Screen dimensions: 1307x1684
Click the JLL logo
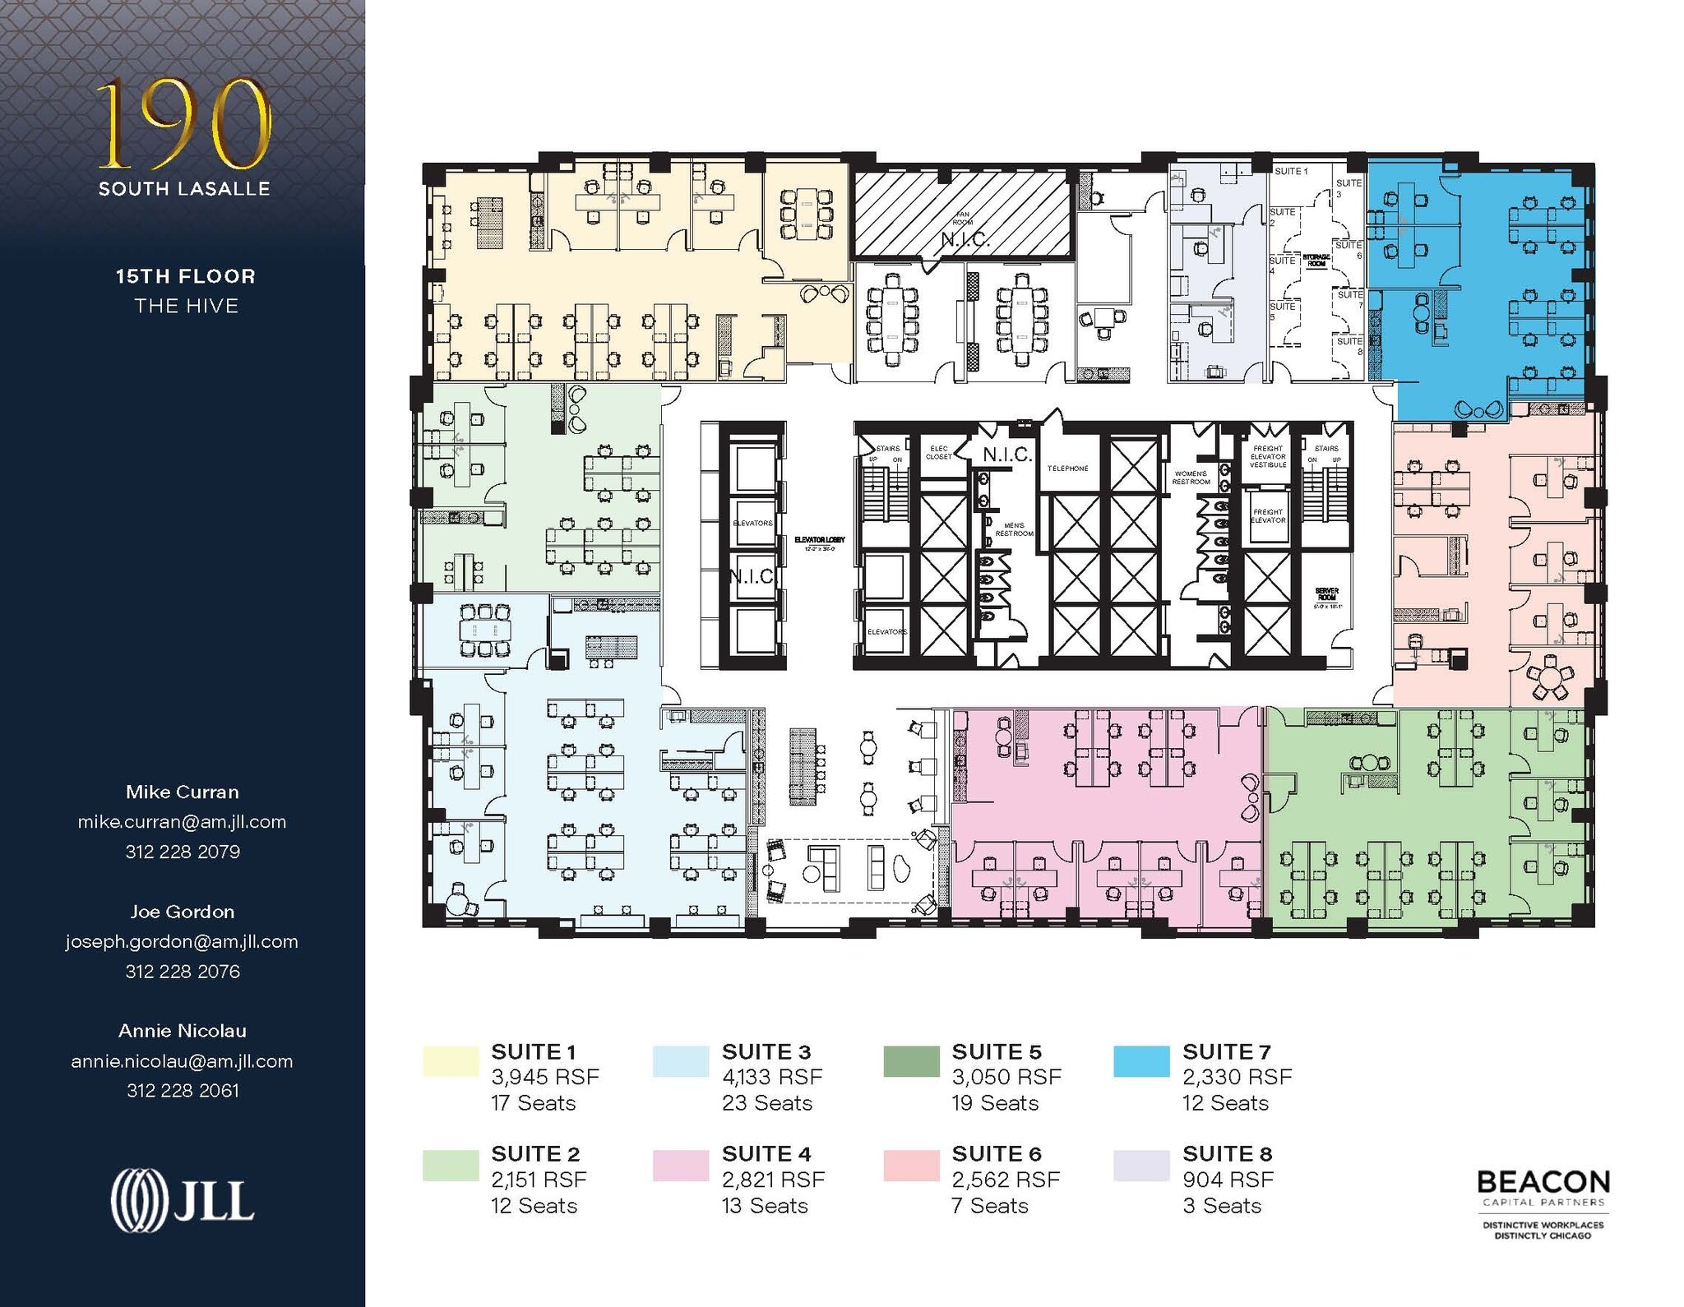click(183, 1200)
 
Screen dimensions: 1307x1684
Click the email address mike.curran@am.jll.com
click(182, 821)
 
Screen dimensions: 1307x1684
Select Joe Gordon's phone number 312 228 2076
click(183, 971)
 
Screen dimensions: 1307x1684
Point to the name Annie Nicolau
click(183, 1030)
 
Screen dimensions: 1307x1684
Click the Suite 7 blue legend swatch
click(1140, 1061)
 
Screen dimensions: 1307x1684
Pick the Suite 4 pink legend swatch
click(680, 1165)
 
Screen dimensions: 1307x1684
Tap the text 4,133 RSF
click(771, 1077)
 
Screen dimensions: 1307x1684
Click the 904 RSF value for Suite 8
click(1228, 1180)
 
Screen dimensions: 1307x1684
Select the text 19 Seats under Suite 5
click(995, 1103)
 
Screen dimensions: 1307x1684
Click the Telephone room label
click(1067, 469)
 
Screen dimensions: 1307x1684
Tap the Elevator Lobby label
click(819, 543)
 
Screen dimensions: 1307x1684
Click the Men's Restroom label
click(1014, 529)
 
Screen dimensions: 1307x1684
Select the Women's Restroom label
click(1191, 478)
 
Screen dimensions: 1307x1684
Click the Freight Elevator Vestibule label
click(1267, 457)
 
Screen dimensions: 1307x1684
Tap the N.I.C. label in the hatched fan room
click(965, 239)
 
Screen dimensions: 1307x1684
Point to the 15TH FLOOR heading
click(186, 276)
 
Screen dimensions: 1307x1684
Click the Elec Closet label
click(938, 452)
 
